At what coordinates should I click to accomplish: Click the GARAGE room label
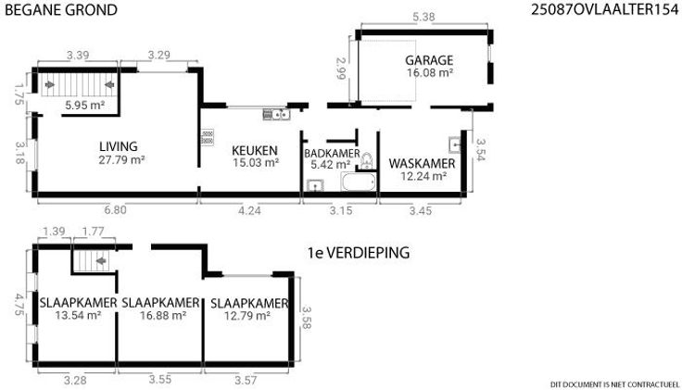(429, 60)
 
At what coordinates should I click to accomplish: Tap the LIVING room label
(119, 146)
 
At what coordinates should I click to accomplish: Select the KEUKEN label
(255, 150)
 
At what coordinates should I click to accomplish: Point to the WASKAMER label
(422, 163)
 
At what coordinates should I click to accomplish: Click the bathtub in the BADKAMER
(359, 182)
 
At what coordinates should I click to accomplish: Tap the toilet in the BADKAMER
(367, 161)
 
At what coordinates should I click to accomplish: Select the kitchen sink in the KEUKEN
(276, 114)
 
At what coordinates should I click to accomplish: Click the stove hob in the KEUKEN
(208, 137)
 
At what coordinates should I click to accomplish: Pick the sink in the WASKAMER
(455, 145)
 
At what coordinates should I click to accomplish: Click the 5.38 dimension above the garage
(423, 17)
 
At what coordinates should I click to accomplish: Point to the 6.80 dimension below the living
(115, 210)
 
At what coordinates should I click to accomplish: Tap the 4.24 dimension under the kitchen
(249, 210)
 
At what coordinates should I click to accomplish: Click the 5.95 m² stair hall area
(85, 105)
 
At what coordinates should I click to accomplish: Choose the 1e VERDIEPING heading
(359, 253)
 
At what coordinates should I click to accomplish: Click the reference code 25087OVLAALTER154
(604, 9)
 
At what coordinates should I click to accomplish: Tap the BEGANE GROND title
(61, 9)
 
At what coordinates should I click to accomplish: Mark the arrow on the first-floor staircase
(101, 261)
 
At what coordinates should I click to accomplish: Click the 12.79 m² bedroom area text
(247, 315)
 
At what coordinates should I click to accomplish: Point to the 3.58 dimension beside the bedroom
(306, 318)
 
